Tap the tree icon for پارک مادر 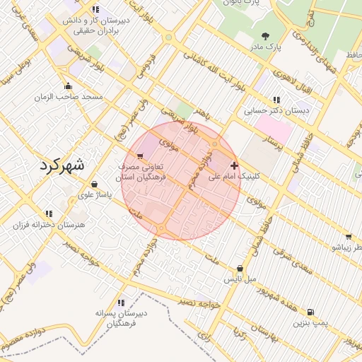click(265, 36)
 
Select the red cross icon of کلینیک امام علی click(235, 165)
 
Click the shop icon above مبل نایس click(240, 269)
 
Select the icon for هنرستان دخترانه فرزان click(49, 213)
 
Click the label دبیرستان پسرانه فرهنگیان click(122, 317)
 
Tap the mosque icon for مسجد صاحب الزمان click(67, 86)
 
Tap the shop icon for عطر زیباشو click(349, 238)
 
